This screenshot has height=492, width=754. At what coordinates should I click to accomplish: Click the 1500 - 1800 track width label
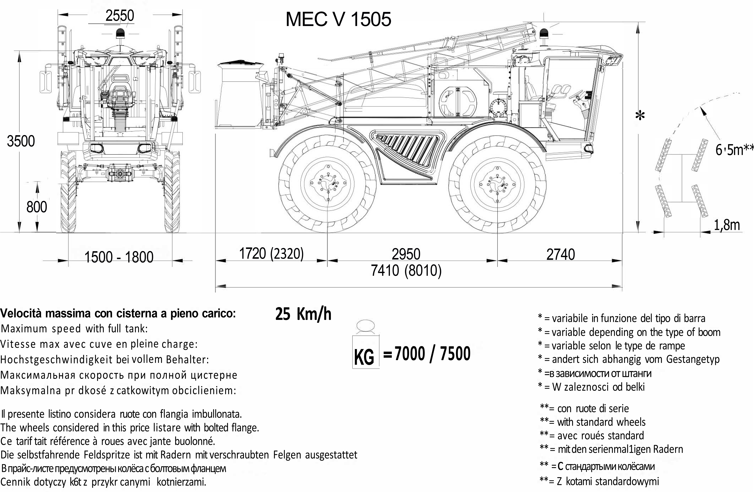click(x=119, y=257)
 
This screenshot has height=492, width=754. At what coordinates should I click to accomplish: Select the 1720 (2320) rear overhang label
click(x=271, y=254)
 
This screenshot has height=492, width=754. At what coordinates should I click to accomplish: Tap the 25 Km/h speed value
click(x=303, y=314)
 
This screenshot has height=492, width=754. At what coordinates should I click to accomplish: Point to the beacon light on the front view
click(x=120, y=33)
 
